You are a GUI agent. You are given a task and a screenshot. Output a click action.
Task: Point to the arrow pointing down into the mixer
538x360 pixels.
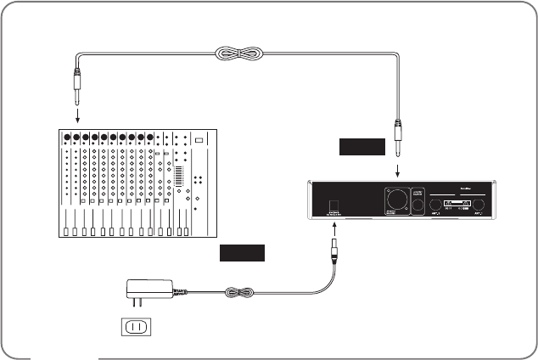point(76,114)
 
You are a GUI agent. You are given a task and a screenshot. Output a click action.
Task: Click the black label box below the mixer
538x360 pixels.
point(241,253)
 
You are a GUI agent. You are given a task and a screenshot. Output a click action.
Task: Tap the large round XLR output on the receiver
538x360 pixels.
point(395,198)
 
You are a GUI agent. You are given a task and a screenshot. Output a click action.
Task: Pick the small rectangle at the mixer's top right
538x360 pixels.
point(199,140)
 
